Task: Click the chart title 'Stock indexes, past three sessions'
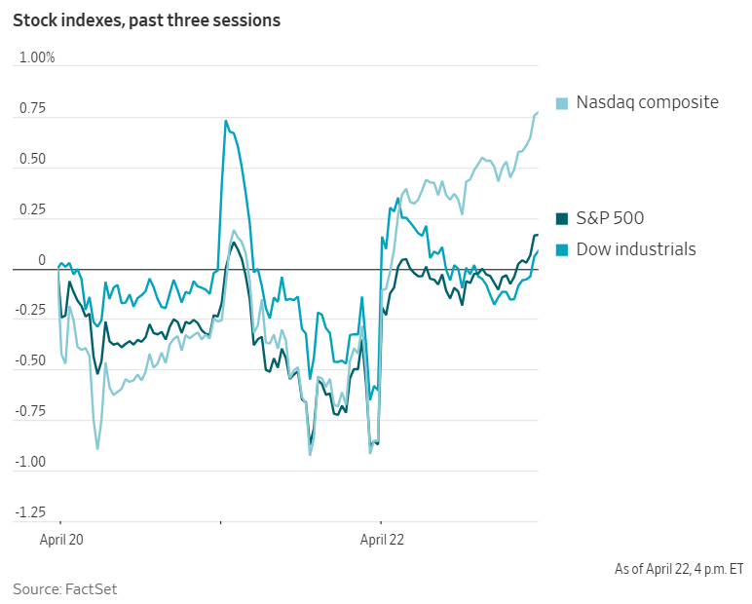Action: (x=146, y=20)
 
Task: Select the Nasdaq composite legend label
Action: (x=647, y=102)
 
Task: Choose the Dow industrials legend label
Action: (x=636, y=249)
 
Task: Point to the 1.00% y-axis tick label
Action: (x=38, y=57)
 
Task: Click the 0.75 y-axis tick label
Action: (x=32, y=108)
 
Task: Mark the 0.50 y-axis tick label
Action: (x=32, y=159)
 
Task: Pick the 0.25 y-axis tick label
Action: (x=32, y=209)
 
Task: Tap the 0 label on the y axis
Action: (x=42, y=260)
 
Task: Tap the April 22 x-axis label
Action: (x=383, y=538)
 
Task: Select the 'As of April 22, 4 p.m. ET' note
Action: (x=679, y=568)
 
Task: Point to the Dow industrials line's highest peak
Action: (x=225, y=121)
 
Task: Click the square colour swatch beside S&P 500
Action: (x=562, y=218)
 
